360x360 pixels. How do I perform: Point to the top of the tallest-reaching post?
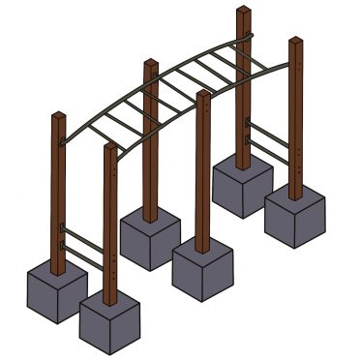243,12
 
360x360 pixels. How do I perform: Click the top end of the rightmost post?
295,42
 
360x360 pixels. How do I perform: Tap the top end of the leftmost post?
58,117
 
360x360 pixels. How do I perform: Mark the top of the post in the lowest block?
109,148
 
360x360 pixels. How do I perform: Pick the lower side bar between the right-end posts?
267,152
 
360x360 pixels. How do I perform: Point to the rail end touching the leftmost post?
64,141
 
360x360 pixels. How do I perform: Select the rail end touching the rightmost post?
287,66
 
